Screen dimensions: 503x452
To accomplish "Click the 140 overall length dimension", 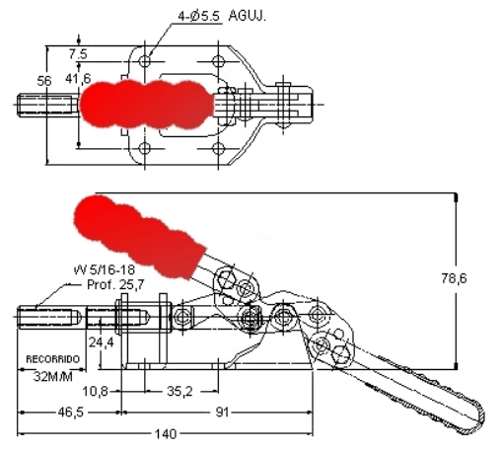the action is point(166,434).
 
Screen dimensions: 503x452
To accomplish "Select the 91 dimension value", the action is point(222,412).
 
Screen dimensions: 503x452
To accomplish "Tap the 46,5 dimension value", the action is point(71,412).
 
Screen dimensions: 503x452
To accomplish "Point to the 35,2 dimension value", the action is point(180,391).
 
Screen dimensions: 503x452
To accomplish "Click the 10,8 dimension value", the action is point(96,391).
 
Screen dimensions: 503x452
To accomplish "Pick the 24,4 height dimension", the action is point(101,342).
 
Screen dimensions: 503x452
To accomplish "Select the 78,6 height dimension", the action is point(454,278).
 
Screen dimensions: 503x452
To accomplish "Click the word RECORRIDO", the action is point(52,359).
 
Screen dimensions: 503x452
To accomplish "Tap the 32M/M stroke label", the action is point(53,376).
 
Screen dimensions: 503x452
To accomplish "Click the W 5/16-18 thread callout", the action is point(105,269).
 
